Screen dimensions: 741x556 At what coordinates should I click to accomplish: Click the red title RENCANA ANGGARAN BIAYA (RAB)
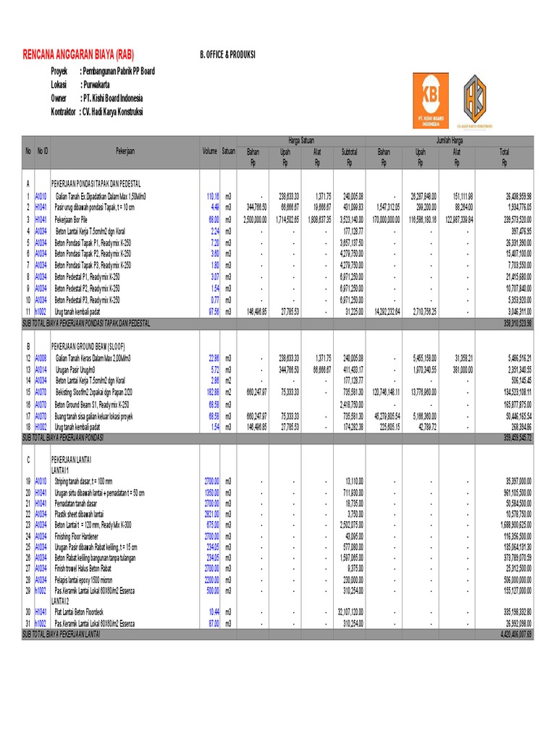[x=79, y=55]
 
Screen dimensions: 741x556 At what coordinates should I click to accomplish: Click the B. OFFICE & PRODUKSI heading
[x=228, y=55]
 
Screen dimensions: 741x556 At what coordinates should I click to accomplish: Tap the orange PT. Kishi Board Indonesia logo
[x=430, y=101]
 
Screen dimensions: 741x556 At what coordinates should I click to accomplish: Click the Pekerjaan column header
[x=125, y=151]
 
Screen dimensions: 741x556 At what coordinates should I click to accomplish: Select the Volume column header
[x=209, y=151]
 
